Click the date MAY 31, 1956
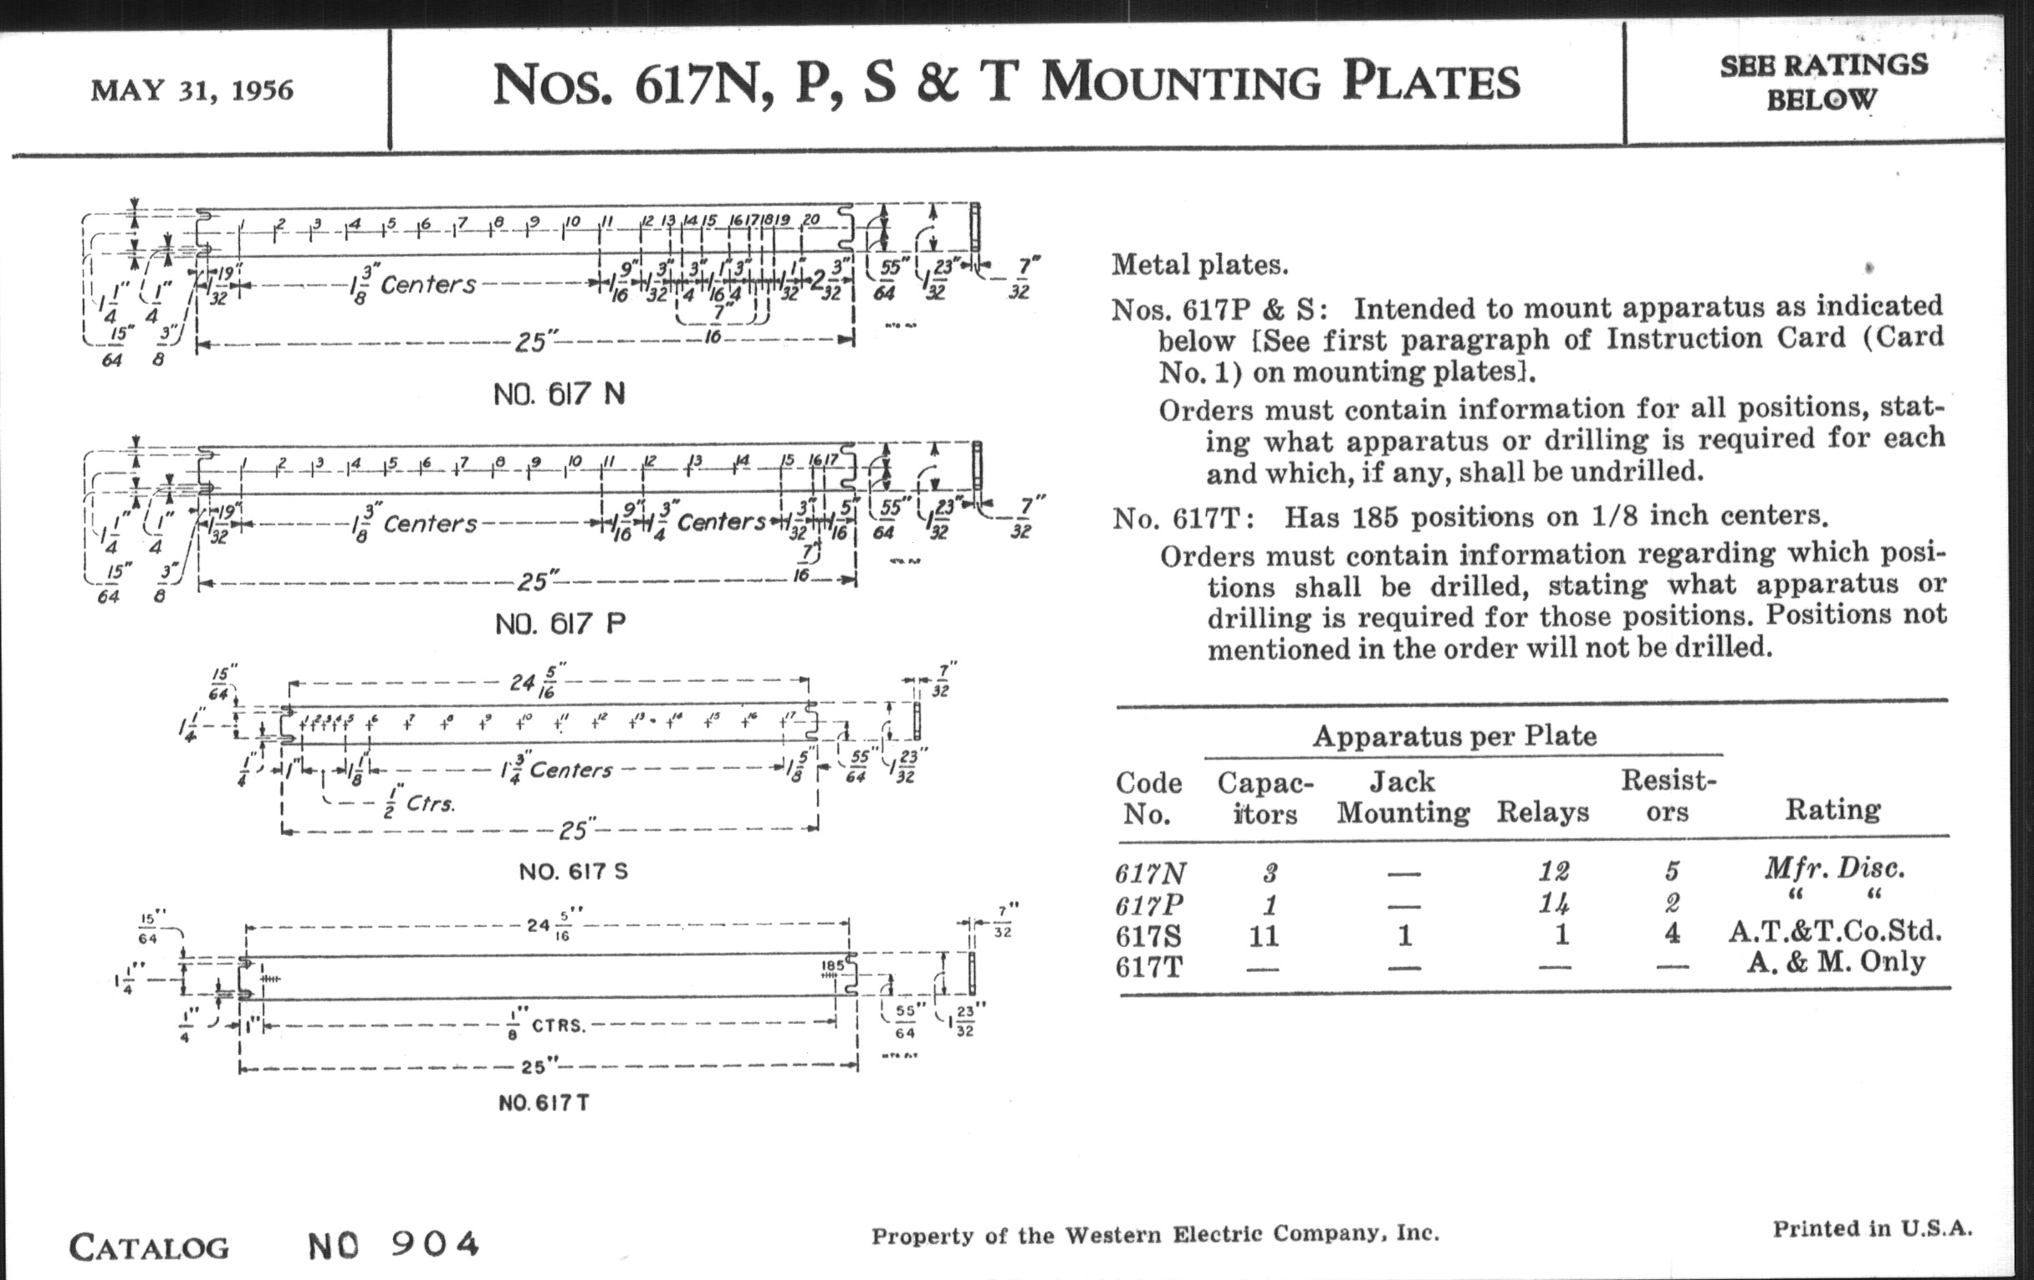point(192,90)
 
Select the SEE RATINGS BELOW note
point(1823,82)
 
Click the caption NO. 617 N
point(560,395)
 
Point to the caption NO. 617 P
point(560,624)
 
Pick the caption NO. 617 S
point(574,871)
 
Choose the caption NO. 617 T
point(543,1103)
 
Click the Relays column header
point(1542,812)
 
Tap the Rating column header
point(1832,809)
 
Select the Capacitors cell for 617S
point(1264,936)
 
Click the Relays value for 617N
point(1554,870)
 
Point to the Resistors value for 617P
point(1671,904)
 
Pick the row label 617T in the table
point(1148,966)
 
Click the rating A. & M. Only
point(1836,962)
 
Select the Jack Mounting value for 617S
point(1404,935)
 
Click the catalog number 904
point(435,1244)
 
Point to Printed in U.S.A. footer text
point(1872,1228)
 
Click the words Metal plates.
point(1199,265)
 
